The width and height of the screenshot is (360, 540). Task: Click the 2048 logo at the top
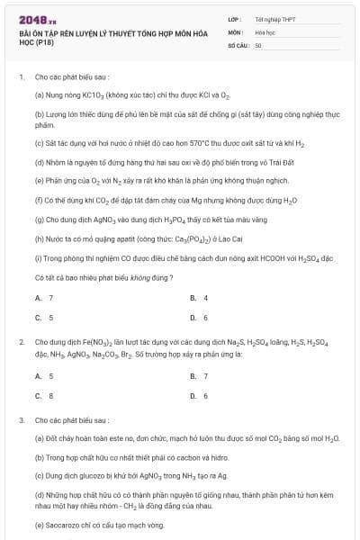(37, 18)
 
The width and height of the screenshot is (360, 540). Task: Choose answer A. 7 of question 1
(44, 297)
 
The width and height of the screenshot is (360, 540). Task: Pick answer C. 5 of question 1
(44, 318)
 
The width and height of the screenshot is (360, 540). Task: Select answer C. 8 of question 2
(44, 396)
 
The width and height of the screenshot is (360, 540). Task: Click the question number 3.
(21, 420)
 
